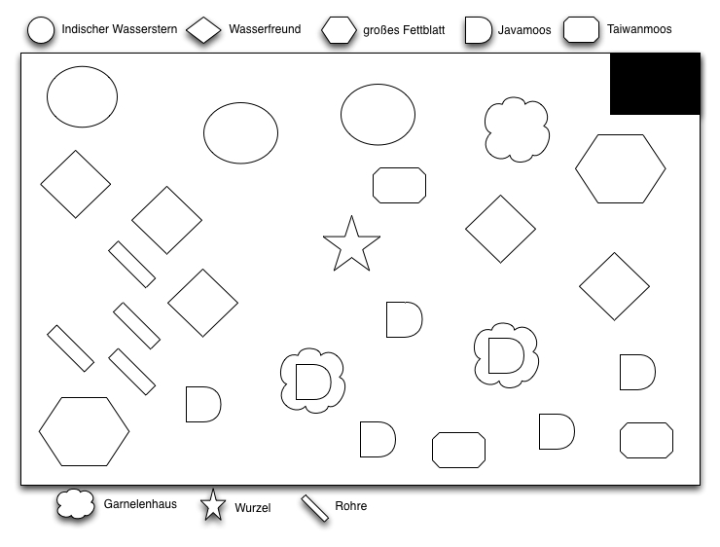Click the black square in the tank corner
(655, 84)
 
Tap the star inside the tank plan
(352, 244)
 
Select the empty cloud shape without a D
(517, 129)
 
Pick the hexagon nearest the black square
(621, 168)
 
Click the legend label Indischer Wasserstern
(120, 29)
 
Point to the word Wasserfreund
(265, 29)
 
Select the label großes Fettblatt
(404, 30)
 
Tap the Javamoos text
(524, 30)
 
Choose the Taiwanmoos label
(639, 29)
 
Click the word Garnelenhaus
(140, 504)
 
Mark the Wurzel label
(253, 507)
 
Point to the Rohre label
(351, 506)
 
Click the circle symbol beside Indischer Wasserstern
(41, 30)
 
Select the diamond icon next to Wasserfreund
(203, 30)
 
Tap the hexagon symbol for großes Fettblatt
(339, 30)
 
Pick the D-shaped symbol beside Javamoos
(478, 30)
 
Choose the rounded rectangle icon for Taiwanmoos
(581, 30)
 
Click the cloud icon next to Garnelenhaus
(75, 504)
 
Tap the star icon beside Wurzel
(213, 505)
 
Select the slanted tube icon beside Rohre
(315, 508)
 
